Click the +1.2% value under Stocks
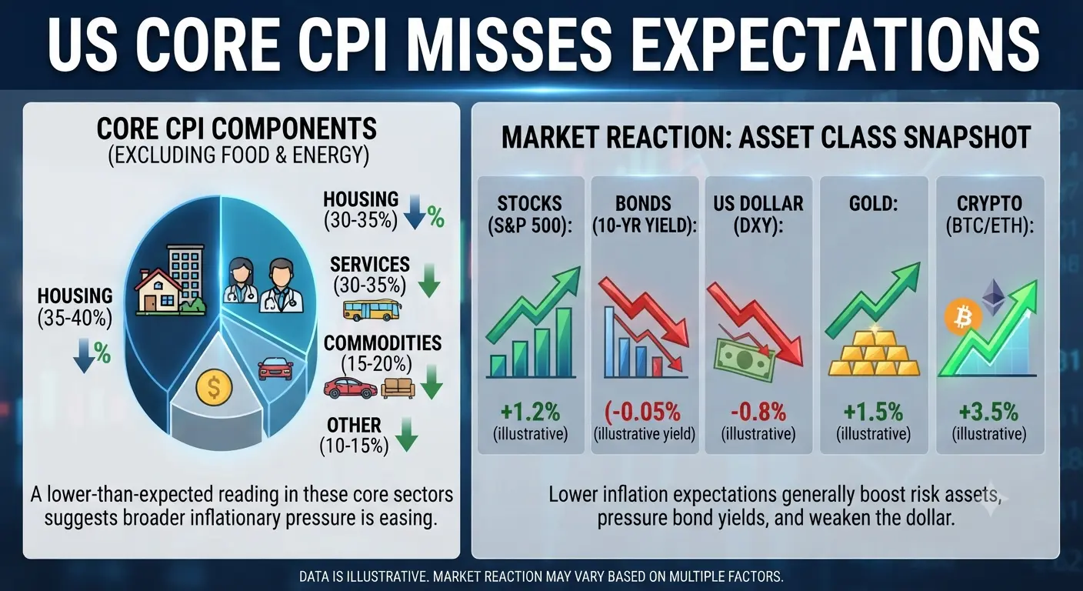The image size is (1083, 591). [530, 412]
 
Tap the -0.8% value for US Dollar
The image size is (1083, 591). [758, 412]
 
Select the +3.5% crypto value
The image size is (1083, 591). [988, 412]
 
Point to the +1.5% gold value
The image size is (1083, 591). [873, 412]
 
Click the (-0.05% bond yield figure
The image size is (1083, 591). [642, 412]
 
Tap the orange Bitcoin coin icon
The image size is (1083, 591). [963, 317]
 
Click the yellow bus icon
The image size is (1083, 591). [372, 310]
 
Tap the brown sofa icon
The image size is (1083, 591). [398, 388]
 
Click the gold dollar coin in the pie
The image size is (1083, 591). [214, 387]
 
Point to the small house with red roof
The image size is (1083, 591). [158, 292]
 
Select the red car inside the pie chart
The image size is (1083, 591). [275, 369]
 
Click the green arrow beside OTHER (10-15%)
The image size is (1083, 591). [406, 434]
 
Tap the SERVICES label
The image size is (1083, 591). [370, 265]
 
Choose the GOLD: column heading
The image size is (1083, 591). [873, 204]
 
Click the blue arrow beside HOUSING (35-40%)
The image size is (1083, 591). [84, 356]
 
